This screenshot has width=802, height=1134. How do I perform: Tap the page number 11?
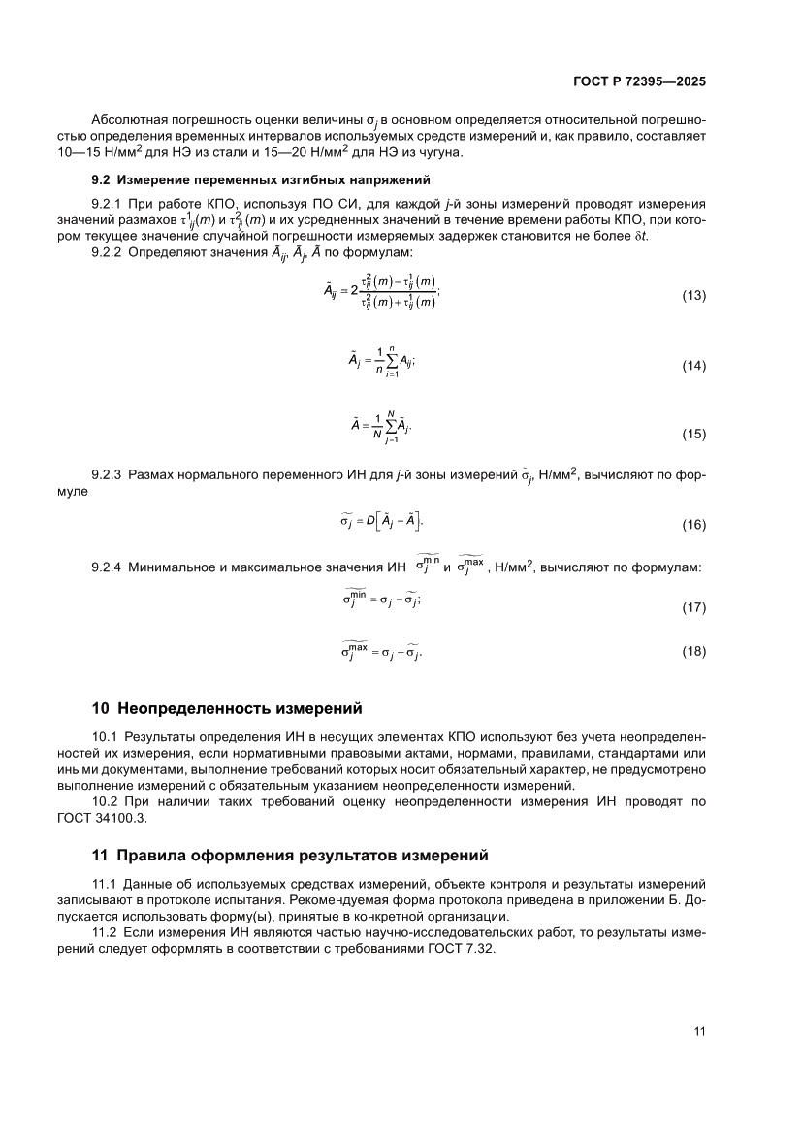(698, 1031)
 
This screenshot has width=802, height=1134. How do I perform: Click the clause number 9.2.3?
(106, 475)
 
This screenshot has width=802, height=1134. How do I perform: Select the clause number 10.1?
(102, 736)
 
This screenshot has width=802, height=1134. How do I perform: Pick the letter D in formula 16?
(370, 521)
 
